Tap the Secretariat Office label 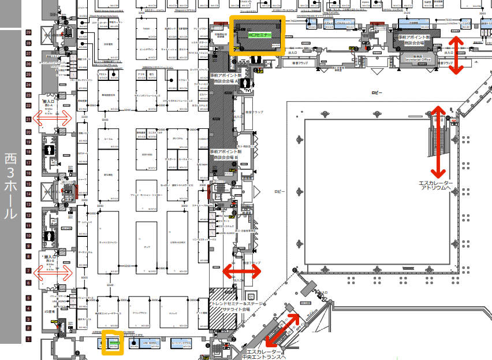(x=418, y=58)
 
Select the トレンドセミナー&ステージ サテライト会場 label (x=238, y=306)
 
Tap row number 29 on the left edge (x=28, y=33)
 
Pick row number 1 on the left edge (x=28, y=339)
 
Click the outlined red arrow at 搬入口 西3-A (x=53, y=118)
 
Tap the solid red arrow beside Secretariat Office (x=456, y=55)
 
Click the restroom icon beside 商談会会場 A (x=248, y=83)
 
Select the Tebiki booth (x=146, y=28)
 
